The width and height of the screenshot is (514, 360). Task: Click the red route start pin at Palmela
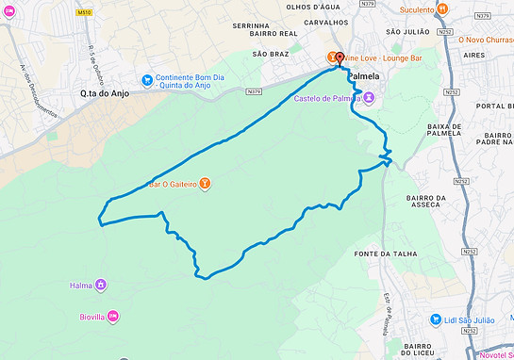point(340,56)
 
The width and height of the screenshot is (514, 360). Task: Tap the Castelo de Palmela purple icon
point(370,97)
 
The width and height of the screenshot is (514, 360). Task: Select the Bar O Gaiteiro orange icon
point(205,184)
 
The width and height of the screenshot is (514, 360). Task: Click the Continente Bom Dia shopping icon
point(147,80)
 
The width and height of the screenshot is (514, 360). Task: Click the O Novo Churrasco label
point(483,40)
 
